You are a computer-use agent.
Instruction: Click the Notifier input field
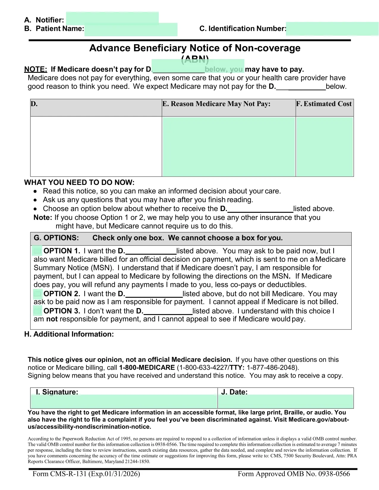112,18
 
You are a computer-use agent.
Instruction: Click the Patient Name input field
131,29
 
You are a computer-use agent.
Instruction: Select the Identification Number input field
332,29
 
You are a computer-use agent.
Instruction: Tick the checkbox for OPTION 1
37,251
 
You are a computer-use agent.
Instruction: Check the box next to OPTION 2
37,294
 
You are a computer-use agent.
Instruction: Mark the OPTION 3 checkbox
37,311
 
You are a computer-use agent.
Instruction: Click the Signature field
124,401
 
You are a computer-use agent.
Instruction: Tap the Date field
286,401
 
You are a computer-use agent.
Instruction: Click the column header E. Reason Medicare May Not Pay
216,104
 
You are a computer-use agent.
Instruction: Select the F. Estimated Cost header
324,104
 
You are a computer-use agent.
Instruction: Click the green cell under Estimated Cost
325,146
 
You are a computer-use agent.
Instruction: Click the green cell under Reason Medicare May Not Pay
229,146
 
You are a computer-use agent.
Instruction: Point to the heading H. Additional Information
69,334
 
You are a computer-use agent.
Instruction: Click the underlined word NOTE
36,70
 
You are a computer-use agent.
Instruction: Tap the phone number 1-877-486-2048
271,368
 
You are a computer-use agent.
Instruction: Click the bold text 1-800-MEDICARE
147,368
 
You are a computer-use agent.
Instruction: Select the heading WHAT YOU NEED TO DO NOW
79,182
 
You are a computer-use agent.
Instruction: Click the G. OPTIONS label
56,238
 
